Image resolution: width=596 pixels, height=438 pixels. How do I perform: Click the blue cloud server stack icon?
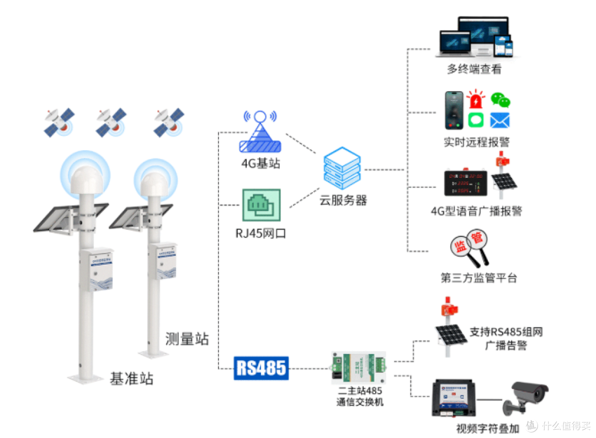pyautogui.click(x=342, y=167)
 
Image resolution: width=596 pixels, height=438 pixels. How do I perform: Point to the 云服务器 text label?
pyautogui.click(x=343, y=200)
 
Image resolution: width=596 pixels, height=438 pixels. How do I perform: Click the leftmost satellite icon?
pyautogui.click(x=60, y=123)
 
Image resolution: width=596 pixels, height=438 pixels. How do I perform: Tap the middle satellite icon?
pyautogui.click(x=111, y=123)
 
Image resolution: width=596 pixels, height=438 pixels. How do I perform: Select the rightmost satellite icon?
pyautogui.click(x=168, y=123)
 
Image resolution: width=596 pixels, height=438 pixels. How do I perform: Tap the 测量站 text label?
pyautogui.click(x=187, y=339)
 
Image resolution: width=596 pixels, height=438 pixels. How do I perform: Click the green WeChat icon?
pyautogui.click(x=501, y=100)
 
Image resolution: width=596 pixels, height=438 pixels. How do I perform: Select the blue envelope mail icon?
pyautogui.click(x=499, y=120)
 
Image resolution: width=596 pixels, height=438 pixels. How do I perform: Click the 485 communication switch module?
pyautogui.click(x=359, y=368)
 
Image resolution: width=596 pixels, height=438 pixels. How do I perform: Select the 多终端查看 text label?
pyautogui.click(x=474, y=70)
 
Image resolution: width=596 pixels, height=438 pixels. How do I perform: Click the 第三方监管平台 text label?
pyautogui.click(x=478, y=278)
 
